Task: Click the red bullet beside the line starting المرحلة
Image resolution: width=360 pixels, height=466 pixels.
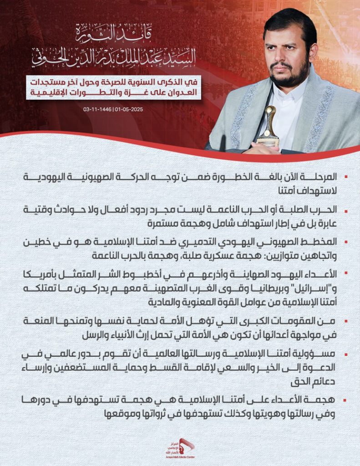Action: (x=346, y=176)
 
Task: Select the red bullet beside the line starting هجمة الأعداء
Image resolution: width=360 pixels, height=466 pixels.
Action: (x=346, y=400)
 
